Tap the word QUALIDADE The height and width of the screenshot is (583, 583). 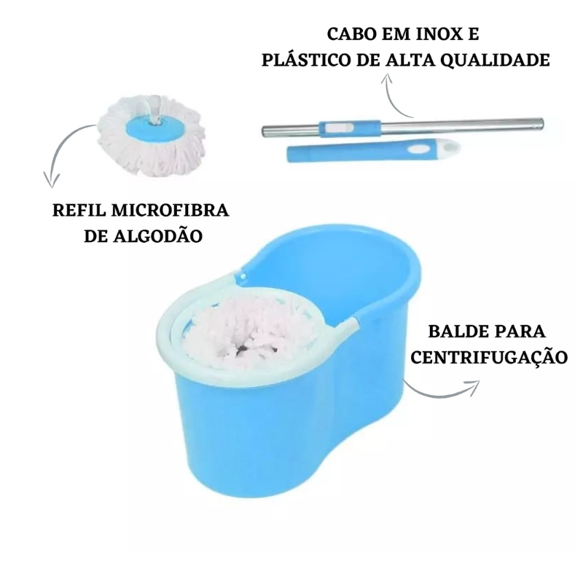[496, 60]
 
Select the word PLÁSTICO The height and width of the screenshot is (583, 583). [306, 60]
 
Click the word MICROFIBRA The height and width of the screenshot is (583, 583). [170, 210]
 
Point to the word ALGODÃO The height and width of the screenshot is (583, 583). [157, 235]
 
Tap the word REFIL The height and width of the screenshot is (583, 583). [79, 210]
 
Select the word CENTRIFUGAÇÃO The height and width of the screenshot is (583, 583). [489, 357]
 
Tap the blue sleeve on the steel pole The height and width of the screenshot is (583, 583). [350, 127]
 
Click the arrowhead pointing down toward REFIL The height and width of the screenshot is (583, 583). [51, 180]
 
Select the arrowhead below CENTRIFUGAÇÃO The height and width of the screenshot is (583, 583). [472, 387]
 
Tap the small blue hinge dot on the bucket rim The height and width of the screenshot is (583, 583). [243, 276]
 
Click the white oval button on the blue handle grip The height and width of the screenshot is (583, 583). [416, 149]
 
